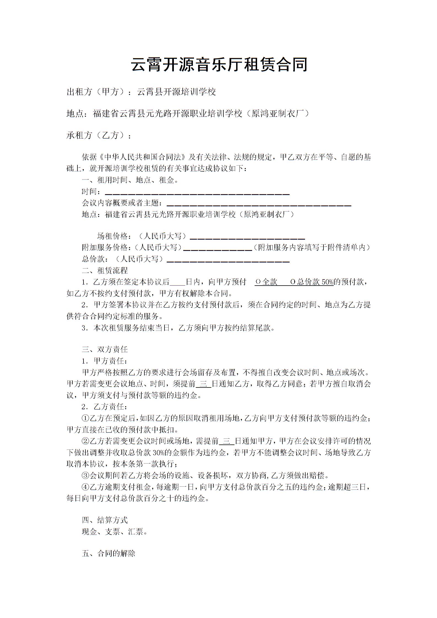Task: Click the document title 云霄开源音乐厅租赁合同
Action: pyautogui.click(x=219, y=65)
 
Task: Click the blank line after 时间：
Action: pyautogui.click(x=197, y=193)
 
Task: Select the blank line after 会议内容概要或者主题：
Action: pyautogui.click(x=259, y=204)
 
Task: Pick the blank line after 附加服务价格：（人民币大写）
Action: pyautogui.click(x=218, y=249)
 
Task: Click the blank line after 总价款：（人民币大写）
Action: pyautogui.click(x=228, y=260)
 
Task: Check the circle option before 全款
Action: pyautogui.click(x=258, y=282)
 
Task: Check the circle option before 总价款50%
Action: pyautogui.click(x=293, y=282)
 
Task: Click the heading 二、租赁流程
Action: pyautogui.click(x=105, y=270)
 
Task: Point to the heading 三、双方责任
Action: pyautogui.click(x=105, y=349)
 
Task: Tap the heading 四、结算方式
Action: pyautogui.click(x=105, y=520)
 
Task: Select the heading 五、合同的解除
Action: pyautogui.click(x=109, y=554)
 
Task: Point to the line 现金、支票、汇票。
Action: pyautogui.click(x=115, y=532)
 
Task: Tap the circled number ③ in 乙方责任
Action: pyautogui.click(x=85, y=475)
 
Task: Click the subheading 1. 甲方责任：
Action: pyautogui.click(x=104, y=361)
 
